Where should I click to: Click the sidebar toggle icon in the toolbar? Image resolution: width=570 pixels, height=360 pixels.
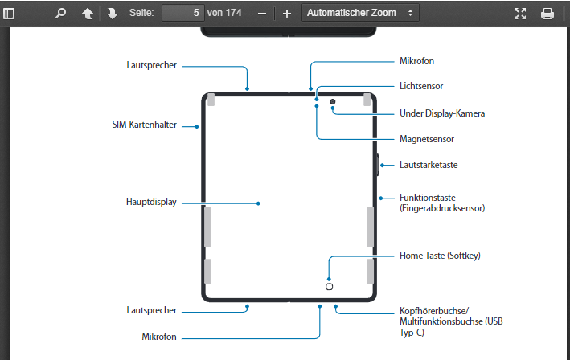pyautogui.click(x=10, y=14)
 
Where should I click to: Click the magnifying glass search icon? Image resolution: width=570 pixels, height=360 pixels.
pyautogui.click(x=60, y=14)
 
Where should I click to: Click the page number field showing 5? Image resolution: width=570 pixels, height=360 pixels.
pyautogui.click(x=182, y=13)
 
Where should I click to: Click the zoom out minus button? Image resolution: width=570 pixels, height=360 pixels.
pyautogui.click(x=262, y=14)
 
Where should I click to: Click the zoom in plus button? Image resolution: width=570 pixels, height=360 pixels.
pyautogui.click(x=286, y=14)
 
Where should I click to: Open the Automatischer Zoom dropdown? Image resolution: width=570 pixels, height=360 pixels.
pyautogui.click(x=360, y=13)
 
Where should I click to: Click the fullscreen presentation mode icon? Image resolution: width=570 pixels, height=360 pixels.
pyautogui.click(x=519, y=14)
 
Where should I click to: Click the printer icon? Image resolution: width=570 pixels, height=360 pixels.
pyautogui.click(x=547, y=14)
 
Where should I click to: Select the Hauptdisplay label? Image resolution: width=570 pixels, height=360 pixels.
pyautogui.click(x=151, y=202)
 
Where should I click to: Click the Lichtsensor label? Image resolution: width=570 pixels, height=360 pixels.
pyautogui.click(x=421, y=85)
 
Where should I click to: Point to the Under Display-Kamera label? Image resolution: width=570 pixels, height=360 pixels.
pyautogui.click(x=442, y=113)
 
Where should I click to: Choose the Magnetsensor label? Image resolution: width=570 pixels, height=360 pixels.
pyautogui.click(x=426, y=139)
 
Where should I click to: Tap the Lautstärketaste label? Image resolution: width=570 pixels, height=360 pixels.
pyautogui.click(x=429, y=165)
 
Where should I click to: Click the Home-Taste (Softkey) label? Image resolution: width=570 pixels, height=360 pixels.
pyautogui.click(x=439, y=256)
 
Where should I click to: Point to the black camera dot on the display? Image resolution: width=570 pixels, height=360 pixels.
pyautogui.click(x=332, y=102)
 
